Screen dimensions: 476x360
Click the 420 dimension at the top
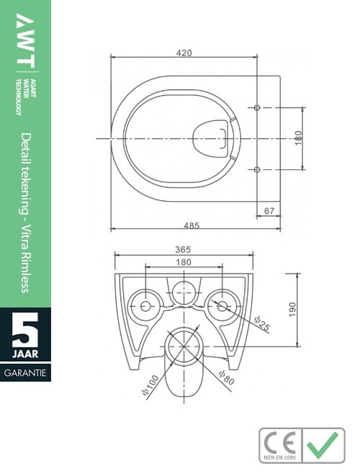coord(184,52)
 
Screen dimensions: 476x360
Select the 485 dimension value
coord(191,225)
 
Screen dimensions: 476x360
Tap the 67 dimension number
coord(269,210)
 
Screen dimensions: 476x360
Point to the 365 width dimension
coord(184,249)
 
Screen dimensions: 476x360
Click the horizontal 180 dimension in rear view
coord(184,263)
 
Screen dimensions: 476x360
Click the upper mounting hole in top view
coord(258,107)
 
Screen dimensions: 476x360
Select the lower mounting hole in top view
coord(258,169)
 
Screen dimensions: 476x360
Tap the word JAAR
coord(26,355)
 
